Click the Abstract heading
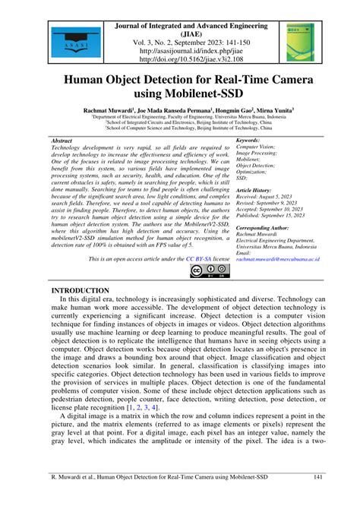tap(62, 141)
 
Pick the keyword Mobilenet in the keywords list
tap(251, 159)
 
